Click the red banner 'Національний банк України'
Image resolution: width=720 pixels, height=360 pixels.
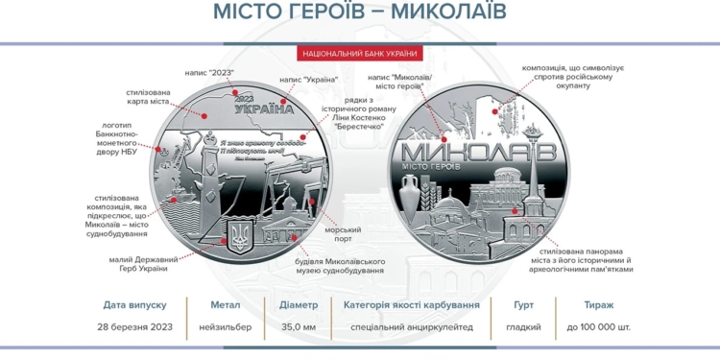point(359,54)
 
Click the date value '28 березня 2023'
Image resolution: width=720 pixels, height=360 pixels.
point(135,327)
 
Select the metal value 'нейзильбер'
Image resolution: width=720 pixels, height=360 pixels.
point(219,327)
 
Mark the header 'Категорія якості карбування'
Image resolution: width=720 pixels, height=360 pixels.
point(411,305)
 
